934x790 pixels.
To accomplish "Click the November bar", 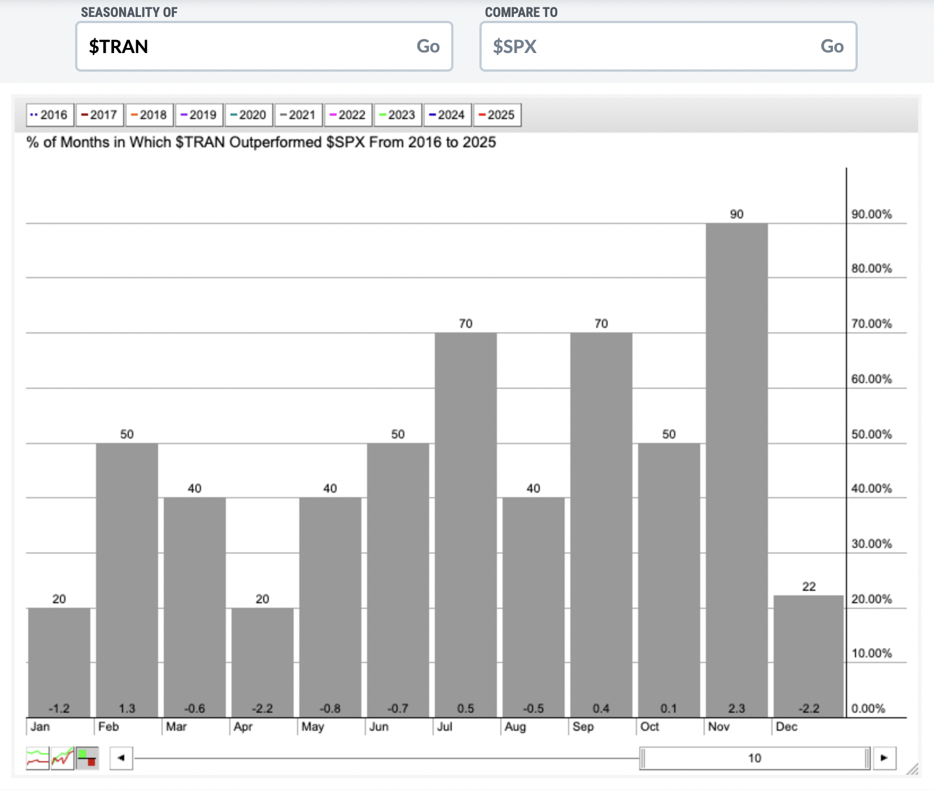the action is click(736, 470).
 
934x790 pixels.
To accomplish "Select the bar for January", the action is click(59, 662).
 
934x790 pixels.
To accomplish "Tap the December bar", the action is click(809, 656).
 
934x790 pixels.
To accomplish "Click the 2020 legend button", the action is click(248, 115).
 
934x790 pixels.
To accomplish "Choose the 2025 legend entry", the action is click(497, 115).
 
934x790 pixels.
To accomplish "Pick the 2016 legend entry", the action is click(50, 115).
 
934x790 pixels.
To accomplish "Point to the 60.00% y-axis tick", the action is click(871, 379).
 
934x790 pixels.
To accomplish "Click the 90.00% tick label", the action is click(871, 214).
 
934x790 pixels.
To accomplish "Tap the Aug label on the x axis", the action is click(515, 727).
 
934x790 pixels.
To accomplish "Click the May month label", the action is click(312, 727).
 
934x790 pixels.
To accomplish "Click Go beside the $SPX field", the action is click(832, 46).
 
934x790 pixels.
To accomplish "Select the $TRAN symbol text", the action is click(119, 46).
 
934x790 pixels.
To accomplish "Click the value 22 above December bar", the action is click(809, 587).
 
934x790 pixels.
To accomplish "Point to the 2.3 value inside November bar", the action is click(736, 709).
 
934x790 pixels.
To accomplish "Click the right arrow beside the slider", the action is click(884, 758).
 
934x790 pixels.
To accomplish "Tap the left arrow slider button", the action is click(121, 758).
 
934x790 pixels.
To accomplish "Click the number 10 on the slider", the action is click(754, 758).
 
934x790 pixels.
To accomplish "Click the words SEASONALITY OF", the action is click(129, 12).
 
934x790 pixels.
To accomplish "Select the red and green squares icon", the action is click(87, 758).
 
